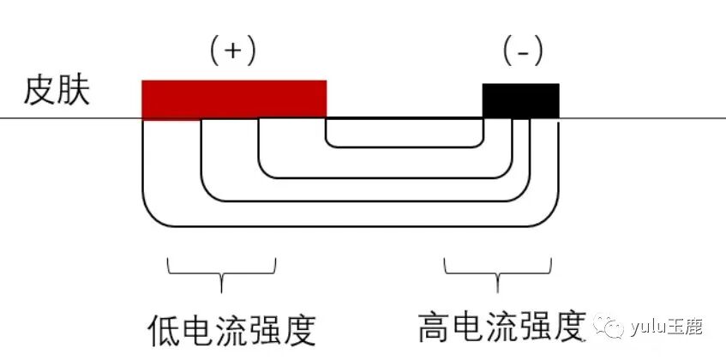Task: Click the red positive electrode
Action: (233, 99)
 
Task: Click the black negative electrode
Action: (520, 100)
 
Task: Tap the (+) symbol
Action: (233, 51)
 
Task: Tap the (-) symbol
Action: (521, 52)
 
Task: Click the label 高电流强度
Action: (501, 327)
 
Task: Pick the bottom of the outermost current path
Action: (351, 226)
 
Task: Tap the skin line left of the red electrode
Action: (69, 118)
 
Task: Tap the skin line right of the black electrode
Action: (643, 118)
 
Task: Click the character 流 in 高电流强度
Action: (501, 327)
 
